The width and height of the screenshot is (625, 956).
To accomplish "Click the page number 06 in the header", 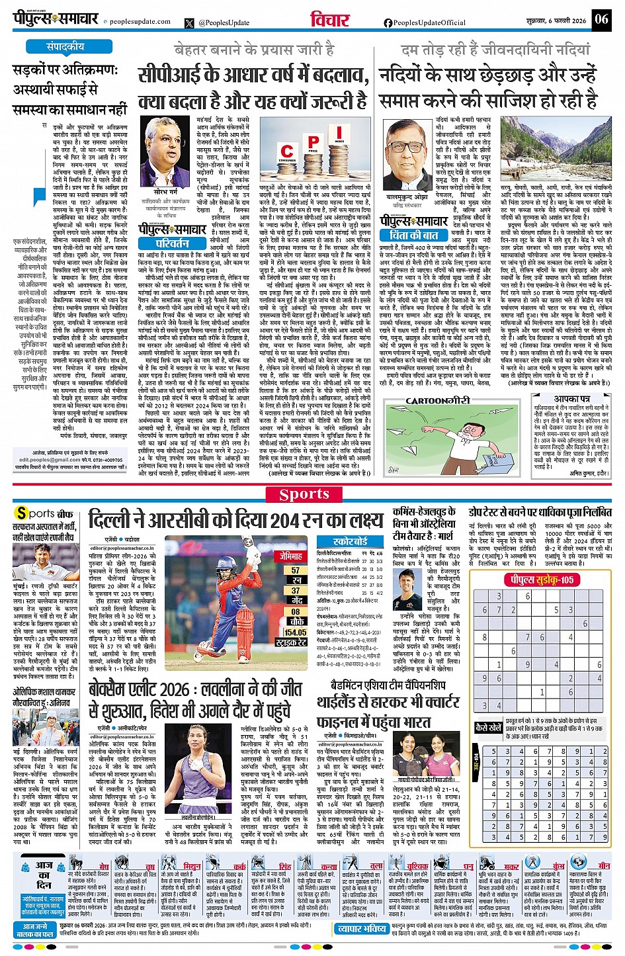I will click(601, 19).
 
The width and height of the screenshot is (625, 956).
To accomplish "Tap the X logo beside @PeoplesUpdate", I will click(190, 22).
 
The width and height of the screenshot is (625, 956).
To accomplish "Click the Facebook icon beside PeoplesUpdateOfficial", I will click(388, 22).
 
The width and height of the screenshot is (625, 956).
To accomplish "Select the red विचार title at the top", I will click(330, 19).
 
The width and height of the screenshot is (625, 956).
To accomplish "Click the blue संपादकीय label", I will click(65, 47).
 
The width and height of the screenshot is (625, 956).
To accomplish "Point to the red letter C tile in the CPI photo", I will click(287, 153).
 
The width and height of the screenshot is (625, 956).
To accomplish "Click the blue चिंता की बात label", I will click(415, 234).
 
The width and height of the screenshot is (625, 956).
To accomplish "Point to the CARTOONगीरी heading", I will click(437, 401).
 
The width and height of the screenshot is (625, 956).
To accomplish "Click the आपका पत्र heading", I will click(572, 400).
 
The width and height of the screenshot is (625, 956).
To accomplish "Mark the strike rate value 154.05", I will click(295, 632).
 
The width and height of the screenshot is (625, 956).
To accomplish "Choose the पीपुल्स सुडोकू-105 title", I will click(540, 580).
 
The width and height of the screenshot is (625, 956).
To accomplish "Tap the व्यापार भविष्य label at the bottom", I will click(362, 929).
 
